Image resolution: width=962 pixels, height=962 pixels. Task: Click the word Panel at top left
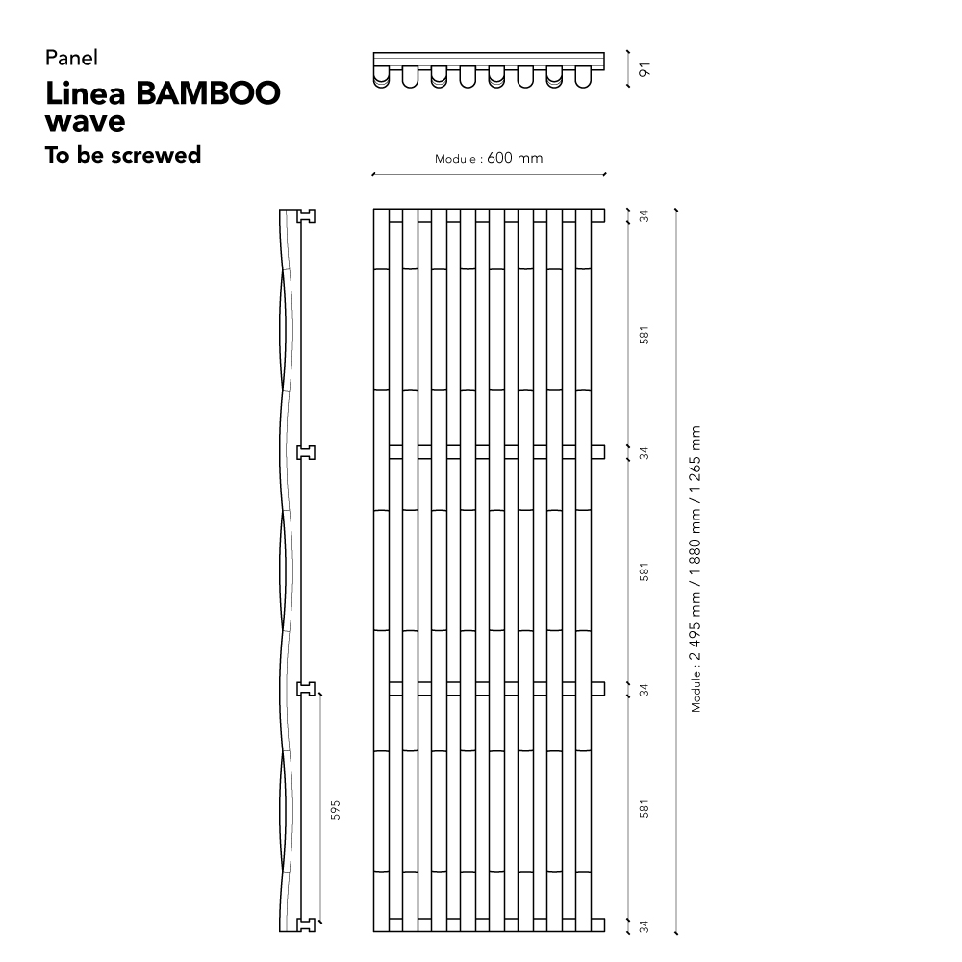71,58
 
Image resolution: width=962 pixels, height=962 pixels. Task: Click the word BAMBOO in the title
208,93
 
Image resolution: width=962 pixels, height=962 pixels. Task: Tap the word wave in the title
86,121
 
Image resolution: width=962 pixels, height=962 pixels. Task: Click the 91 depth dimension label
645,69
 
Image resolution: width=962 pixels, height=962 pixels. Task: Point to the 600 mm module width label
515,158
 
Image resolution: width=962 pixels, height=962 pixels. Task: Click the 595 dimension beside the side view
335,810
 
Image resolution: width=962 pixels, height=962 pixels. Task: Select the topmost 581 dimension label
644,336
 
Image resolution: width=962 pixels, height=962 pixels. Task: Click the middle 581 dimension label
644,572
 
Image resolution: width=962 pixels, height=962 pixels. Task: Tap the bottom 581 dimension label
644,809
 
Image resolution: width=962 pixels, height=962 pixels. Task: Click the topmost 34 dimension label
644,215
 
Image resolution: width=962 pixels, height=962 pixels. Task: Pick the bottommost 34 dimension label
644,925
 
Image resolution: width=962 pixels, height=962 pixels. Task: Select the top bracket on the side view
306,215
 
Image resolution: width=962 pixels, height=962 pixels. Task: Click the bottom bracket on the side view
306,925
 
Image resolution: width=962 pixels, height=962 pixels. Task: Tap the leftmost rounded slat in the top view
381,78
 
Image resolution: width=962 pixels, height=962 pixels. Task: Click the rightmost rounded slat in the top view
583,77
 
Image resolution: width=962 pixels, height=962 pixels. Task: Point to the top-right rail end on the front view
598,215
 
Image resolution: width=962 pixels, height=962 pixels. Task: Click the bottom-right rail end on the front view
598,925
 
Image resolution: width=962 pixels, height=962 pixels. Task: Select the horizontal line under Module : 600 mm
489,175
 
